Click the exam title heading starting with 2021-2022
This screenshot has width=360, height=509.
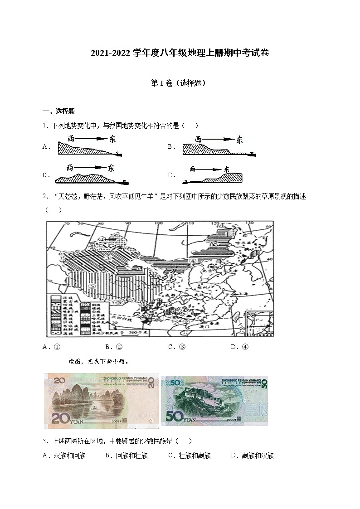pos(180,53)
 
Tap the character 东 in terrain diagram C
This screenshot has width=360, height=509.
pos(111,168)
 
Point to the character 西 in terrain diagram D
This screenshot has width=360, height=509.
pos(192,170)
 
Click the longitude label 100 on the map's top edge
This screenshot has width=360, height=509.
pos(158,223)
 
